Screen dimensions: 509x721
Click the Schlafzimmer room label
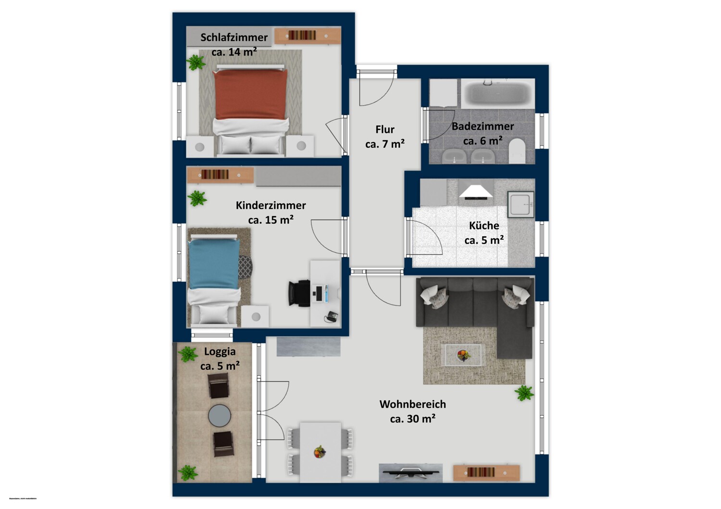234,37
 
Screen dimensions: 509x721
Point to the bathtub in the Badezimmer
497,94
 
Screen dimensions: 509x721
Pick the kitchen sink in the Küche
521,204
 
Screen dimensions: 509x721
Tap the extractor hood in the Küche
475,192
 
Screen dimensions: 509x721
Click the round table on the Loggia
220,415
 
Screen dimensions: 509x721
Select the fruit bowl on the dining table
320,452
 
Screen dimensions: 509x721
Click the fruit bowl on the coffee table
463,355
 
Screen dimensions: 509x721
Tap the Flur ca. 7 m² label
385,136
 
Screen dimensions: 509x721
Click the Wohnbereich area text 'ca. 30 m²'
413,419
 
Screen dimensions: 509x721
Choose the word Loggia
220,351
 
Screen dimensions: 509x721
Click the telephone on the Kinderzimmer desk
331,316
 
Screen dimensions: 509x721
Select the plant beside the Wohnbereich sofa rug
524,393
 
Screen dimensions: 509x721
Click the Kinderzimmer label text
271,206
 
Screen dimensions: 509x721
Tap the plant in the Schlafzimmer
196,62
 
